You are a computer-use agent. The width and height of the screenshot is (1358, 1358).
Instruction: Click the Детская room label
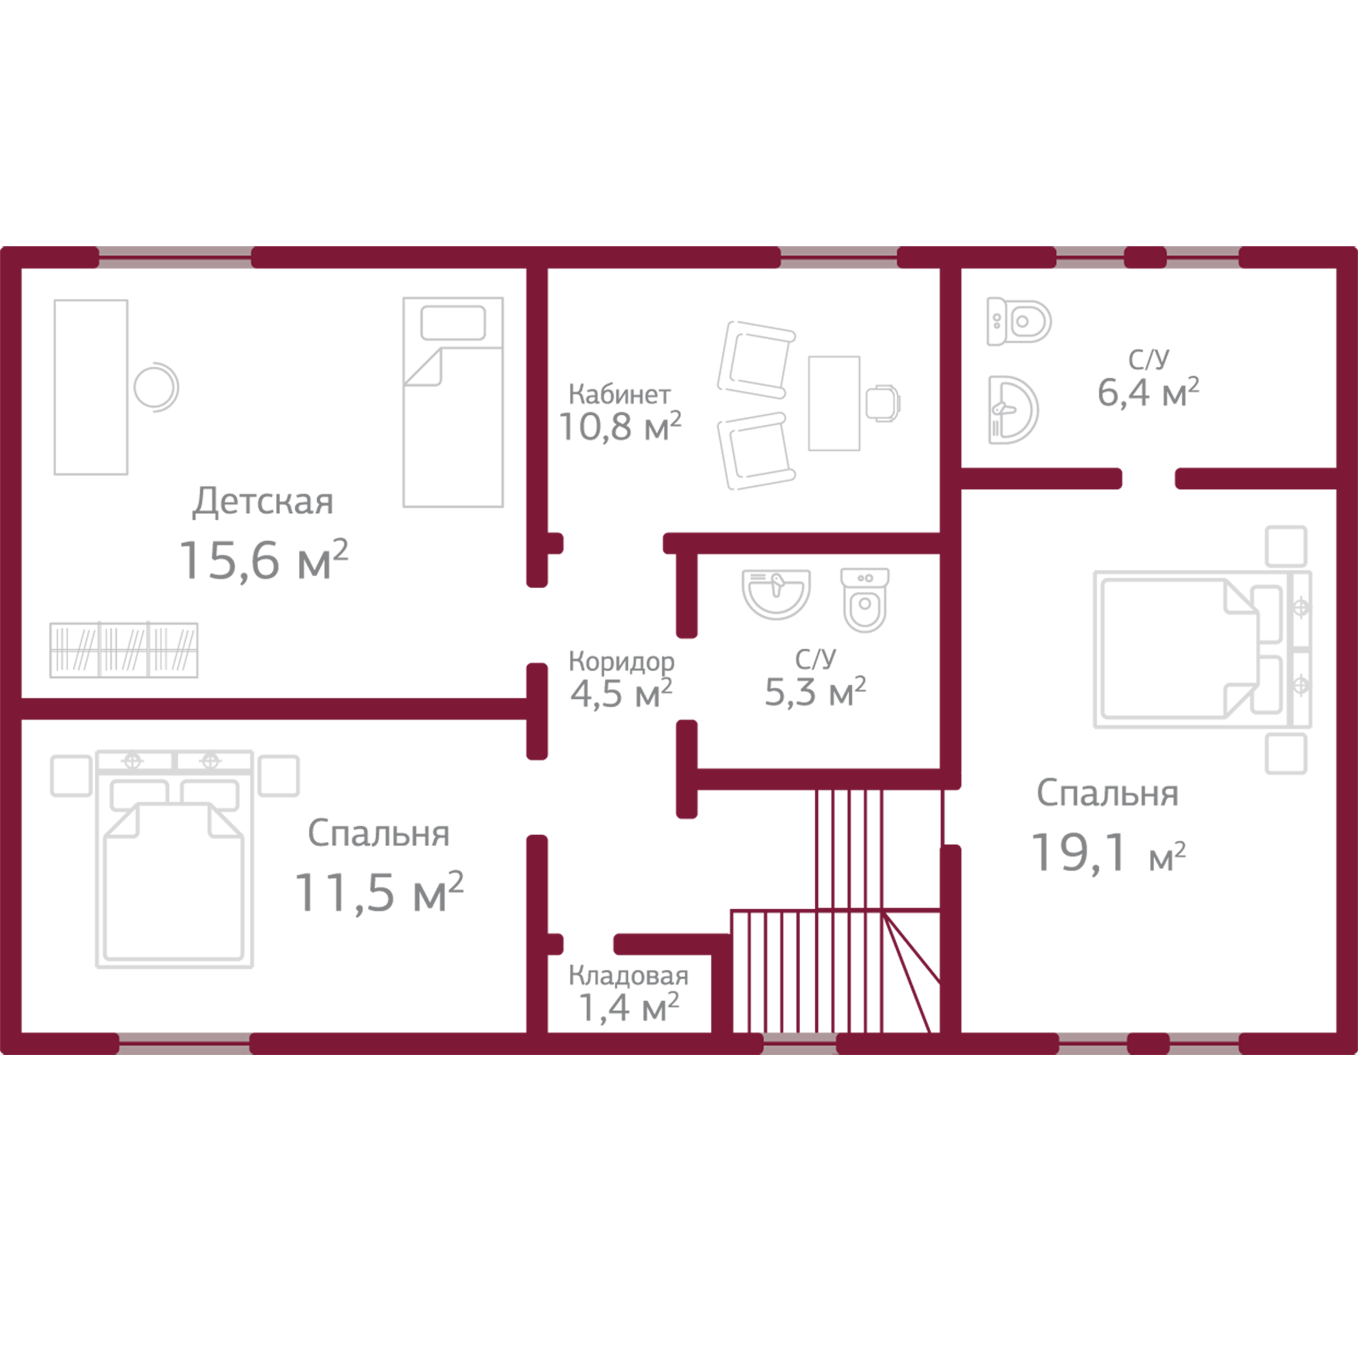coord(263,502)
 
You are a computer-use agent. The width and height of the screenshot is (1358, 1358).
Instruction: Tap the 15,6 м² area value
coord(264,560)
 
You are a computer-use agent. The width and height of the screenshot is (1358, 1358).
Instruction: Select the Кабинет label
coord(619,394)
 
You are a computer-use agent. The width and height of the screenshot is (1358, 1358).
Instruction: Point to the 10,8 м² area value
coord(620,426)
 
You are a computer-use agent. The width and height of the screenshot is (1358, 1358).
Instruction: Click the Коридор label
coord(622,662)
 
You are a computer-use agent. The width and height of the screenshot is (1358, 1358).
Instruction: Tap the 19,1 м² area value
coord(1109,852)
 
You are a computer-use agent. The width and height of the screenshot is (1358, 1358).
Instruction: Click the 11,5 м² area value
coord(380,893)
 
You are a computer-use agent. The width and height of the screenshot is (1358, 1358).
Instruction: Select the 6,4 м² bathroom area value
coord(1149,392)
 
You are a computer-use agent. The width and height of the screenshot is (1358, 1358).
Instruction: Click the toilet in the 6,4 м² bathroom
coord(1019,321)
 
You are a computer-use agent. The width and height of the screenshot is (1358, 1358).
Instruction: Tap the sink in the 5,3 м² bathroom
coord(776,594)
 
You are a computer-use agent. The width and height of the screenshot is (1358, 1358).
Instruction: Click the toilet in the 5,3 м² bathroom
coord(865,599)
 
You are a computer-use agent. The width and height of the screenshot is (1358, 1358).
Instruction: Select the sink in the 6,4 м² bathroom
coord(1014,410)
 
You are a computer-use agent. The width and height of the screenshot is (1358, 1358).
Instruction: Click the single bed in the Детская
coord(452,402)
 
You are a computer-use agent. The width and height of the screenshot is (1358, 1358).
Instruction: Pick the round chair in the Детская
coord(156,386)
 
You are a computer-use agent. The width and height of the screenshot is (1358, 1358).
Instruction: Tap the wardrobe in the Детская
coord(123,650)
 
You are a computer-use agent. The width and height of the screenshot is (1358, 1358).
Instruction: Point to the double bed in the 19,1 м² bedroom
coord(1202,649)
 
